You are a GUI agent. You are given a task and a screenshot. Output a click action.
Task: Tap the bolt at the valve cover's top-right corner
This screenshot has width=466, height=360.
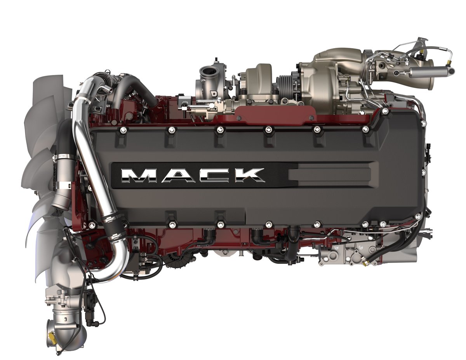click(385, 111)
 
